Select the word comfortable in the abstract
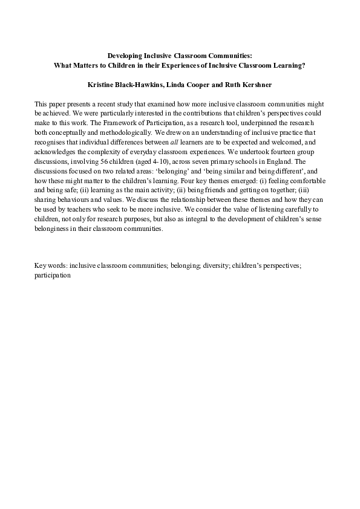(x=307, y=180)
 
